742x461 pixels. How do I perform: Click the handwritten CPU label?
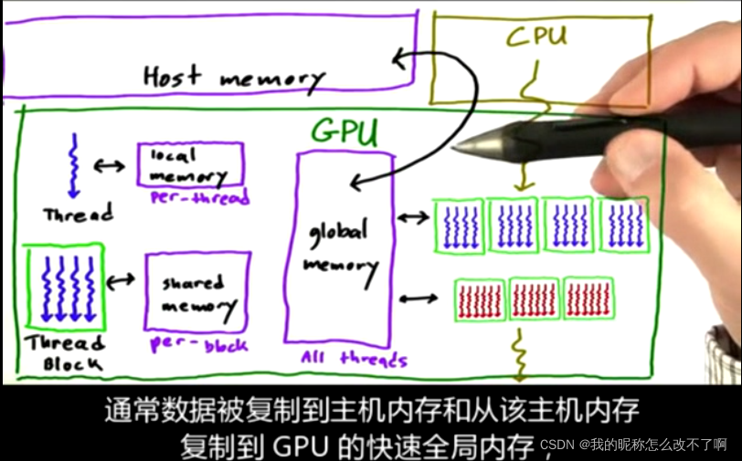536,37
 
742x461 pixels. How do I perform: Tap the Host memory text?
233,77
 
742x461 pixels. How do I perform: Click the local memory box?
190,165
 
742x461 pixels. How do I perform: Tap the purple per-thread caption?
202,198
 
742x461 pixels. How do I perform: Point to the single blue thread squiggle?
72,165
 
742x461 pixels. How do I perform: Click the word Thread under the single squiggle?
78,215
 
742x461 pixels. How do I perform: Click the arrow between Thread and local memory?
110,166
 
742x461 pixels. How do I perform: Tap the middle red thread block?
534,298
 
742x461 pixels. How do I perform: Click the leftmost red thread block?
479,299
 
